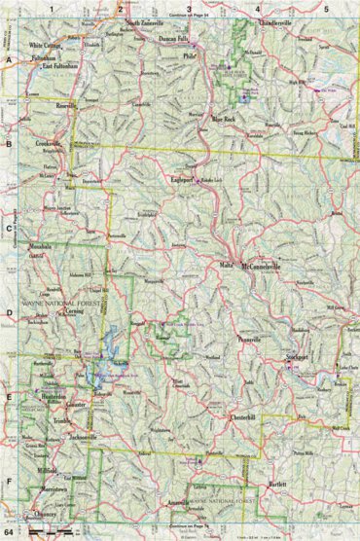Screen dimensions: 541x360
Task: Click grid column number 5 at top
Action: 326,9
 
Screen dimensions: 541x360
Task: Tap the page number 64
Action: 9,533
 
